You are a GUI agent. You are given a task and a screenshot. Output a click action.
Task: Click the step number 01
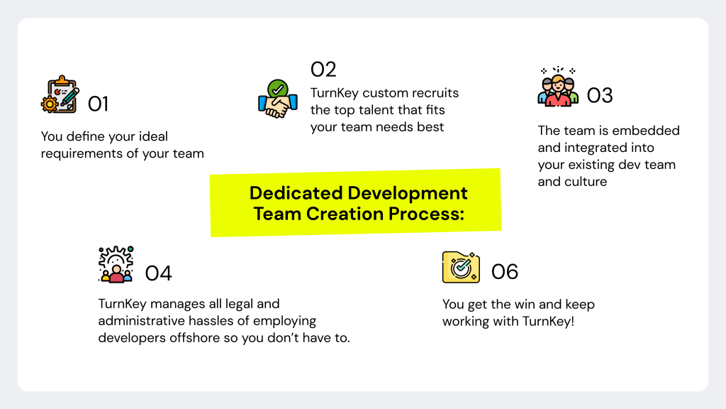pyautogui.click(x=98, y=104)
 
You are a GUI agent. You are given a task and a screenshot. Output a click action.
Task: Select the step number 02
pyautogui.click(x=323, y=70)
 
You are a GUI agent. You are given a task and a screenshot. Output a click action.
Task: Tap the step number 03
pyautogui.click(x=600, y=95)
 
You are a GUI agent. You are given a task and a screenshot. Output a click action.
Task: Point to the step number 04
pyautogui.click(x=158, y=273)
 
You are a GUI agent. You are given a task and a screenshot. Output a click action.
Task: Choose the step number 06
pyautogui.click(x=505, y=271)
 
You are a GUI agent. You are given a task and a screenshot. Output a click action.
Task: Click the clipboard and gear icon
pyautogui.click(x=60, y=94)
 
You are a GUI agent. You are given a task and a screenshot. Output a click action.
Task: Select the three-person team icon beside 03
pyautogui.click(x=558, y=88)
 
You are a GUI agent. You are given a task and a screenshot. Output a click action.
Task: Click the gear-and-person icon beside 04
pyautogui.click(x=116, y=265)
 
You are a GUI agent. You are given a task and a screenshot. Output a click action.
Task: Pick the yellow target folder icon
pyautogui.click(x=462, y=267)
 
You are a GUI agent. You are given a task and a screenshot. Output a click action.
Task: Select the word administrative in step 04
pyautogui.click(x=146, y=321)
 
